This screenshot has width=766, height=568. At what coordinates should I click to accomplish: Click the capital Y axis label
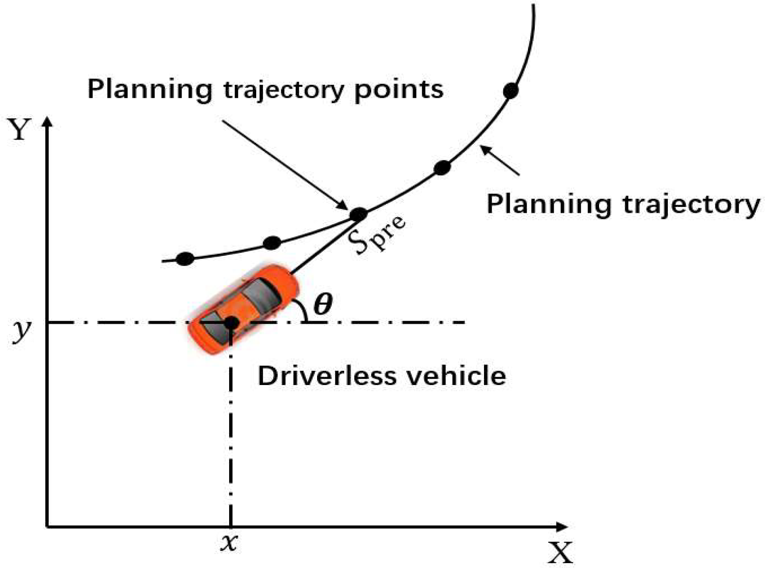(x=19, y=129)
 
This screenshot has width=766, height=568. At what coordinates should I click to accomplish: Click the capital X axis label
(x=561, y=552)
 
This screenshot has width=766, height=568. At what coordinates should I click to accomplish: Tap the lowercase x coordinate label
(x=230, y=543)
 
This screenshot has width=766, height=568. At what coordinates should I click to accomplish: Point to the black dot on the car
(x=230, y=322)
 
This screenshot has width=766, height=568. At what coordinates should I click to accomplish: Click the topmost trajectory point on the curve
(x=511, y=91)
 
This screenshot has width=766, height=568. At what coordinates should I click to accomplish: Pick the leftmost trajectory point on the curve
(x=185, y=259)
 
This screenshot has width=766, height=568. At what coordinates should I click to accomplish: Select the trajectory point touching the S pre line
(x=358, y=214)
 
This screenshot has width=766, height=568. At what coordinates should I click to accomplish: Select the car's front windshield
(x=262, y=293)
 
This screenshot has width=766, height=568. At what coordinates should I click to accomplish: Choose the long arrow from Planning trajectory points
(x=284, y=164)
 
